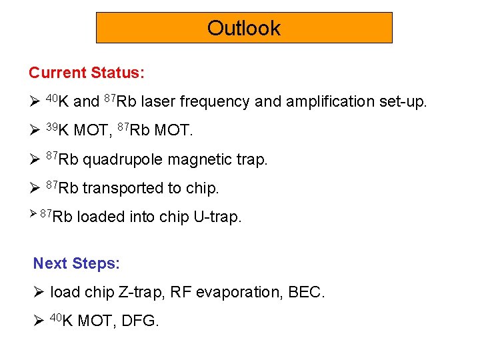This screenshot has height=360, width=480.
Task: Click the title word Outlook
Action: tap(244, 28)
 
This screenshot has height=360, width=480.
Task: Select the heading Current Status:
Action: tap(87, 72)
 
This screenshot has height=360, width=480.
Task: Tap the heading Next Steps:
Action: tap(77, 263)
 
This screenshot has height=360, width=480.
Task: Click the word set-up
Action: tap(403, 102)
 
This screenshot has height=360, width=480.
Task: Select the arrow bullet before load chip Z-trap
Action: tap(39, 292)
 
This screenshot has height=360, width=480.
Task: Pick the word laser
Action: tap(159, 102)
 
